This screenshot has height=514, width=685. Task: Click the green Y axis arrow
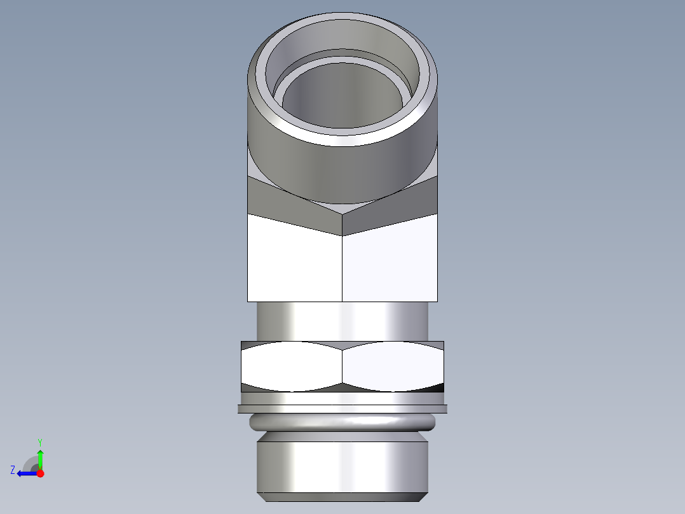(x=40, y=459)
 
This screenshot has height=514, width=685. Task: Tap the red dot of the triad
(x=40, y=473)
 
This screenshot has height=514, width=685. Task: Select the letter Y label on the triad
(x=39, y=441)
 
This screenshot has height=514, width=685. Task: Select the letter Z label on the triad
(x=13, y=470)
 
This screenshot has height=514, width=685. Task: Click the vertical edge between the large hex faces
(x=342, y=267)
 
